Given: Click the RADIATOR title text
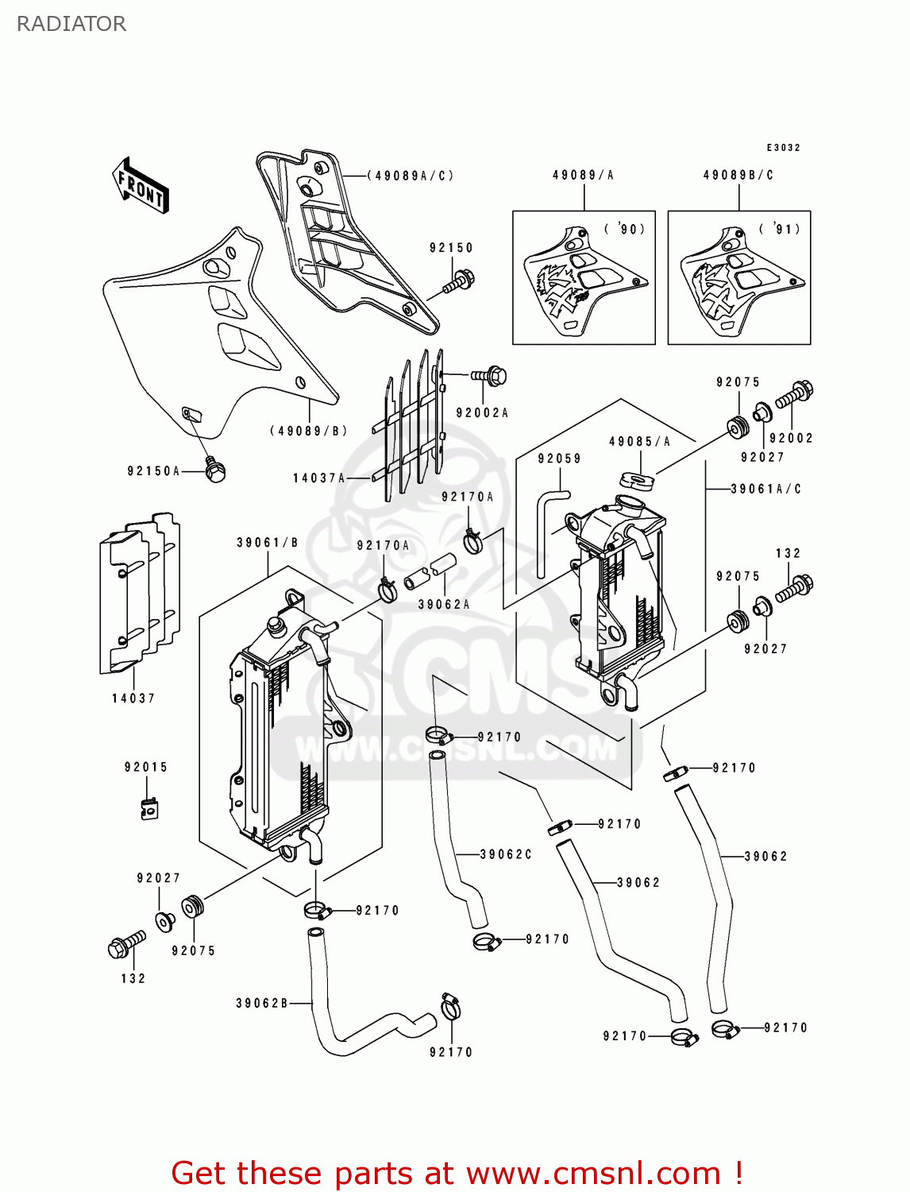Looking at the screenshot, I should coord(71,24).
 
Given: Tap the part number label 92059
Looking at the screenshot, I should coord(559,459).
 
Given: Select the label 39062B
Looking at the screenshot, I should coord(262,1003).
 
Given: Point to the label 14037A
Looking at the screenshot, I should coord(319,478).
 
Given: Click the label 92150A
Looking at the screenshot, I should coord(154,471).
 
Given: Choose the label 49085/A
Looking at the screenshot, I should coord(639,442).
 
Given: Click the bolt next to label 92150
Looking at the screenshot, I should coord(458,281).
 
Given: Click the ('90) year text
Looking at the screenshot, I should coord(625,230).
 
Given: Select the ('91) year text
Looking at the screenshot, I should coord(780,230).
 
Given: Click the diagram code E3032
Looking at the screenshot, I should coord(783,148).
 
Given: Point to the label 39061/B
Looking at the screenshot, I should coord(268,543).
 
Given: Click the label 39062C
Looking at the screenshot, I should coord(506,854).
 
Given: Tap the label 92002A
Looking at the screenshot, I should coord(482,413).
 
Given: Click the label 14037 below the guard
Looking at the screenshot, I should coord(133,699).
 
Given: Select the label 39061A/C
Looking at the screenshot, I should coord(765,490).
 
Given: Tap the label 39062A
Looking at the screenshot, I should coord(444,605).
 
